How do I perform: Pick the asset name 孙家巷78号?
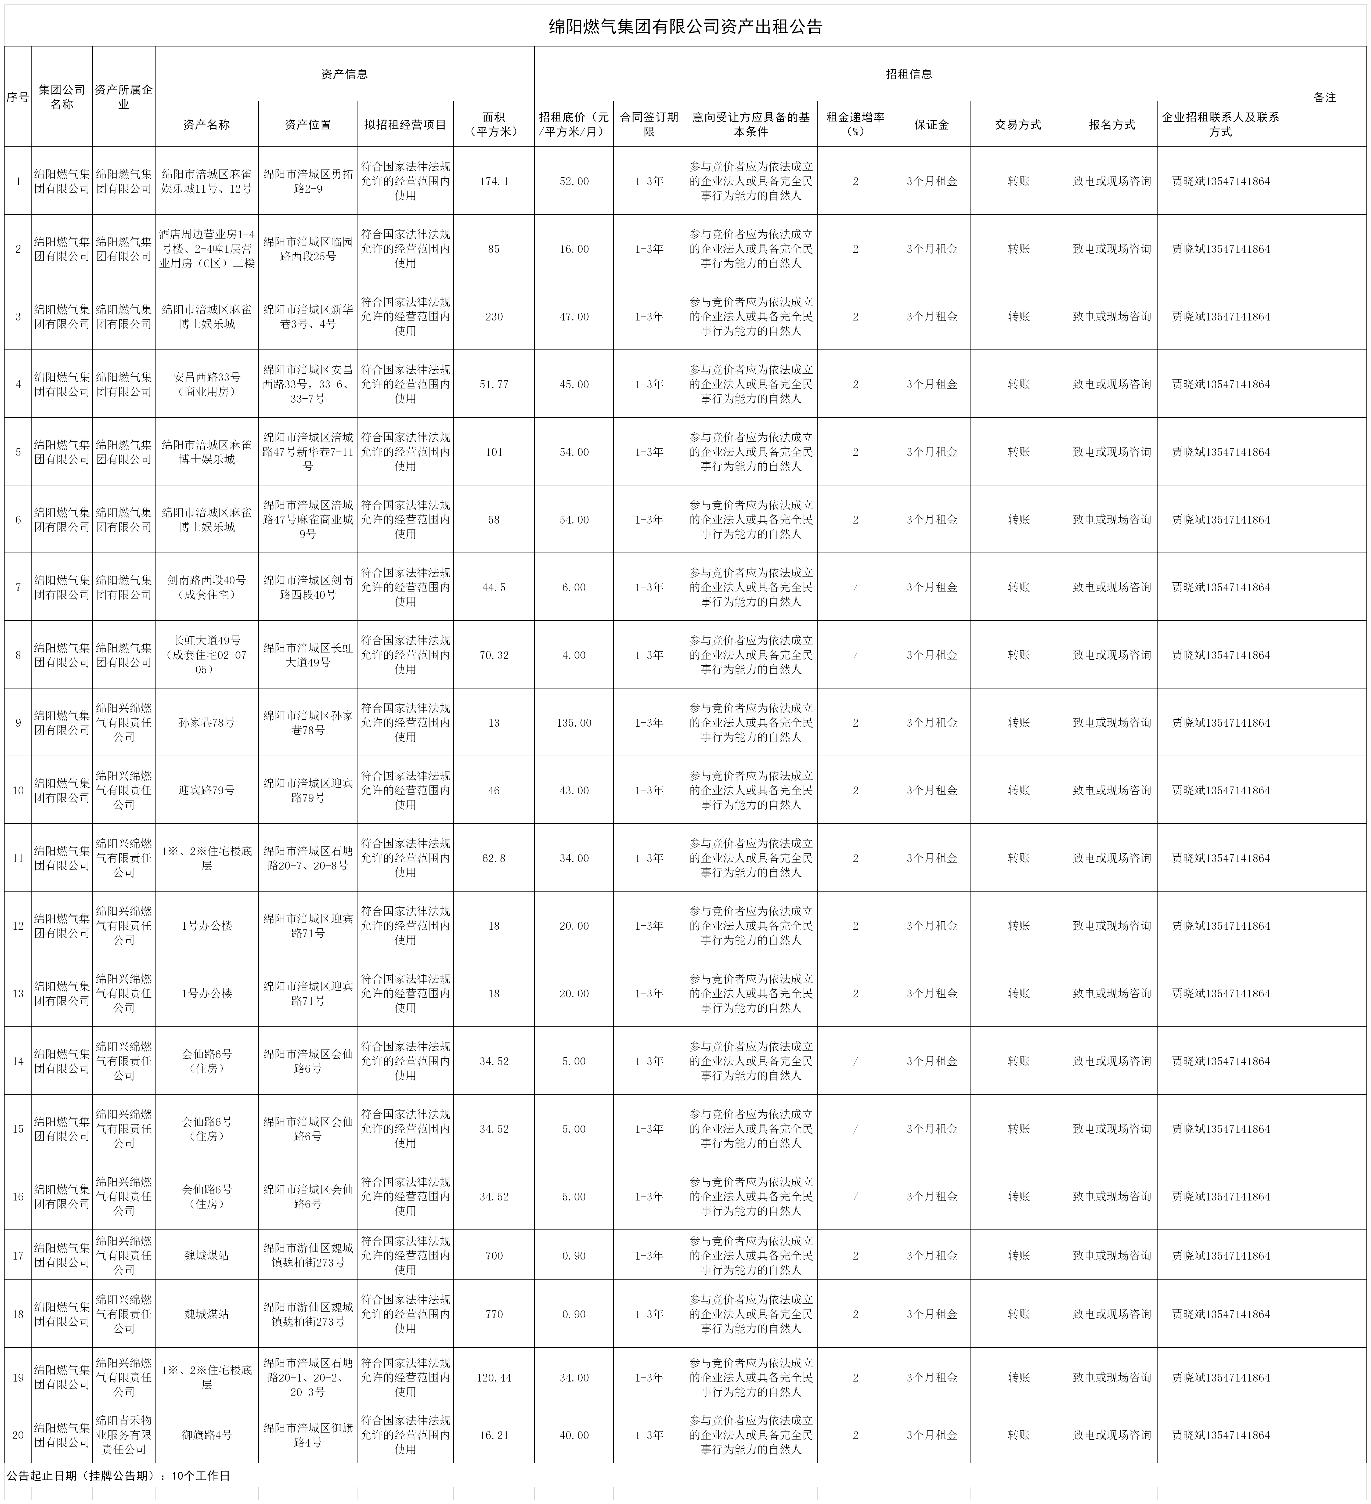tap(207, 723)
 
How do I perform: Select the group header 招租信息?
tap(908, 74)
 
